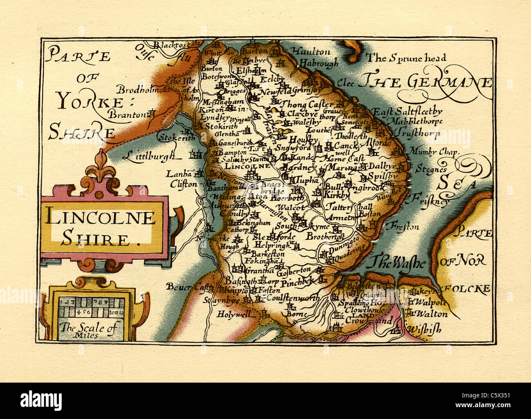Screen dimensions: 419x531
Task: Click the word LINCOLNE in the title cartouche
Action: (100, 217)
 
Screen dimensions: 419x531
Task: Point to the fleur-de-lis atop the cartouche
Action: (100, 166)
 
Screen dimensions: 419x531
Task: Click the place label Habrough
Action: (318, 63)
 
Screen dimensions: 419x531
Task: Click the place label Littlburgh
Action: (151, 155)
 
